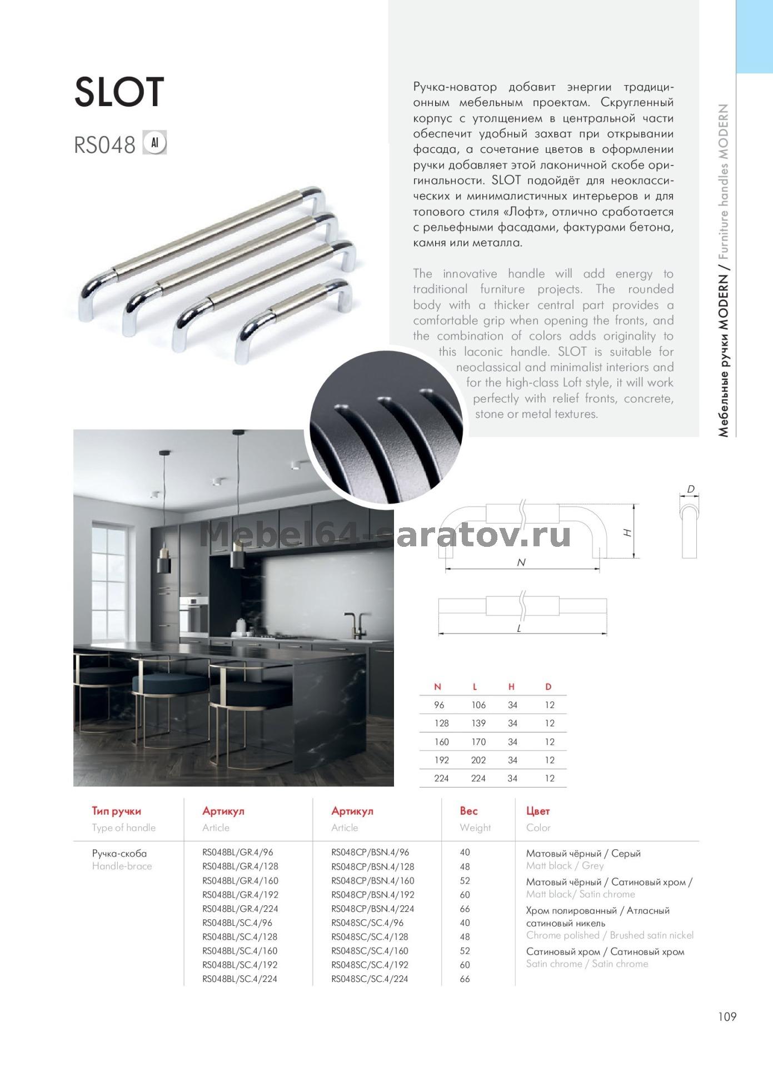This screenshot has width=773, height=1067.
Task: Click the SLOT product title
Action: point(119,92)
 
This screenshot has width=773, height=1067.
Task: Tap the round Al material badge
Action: point(155,143)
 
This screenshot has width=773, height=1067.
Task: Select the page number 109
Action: point(727,1016)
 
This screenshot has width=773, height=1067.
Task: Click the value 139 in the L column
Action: point(478,723)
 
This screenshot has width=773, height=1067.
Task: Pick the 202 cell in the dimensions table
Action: point(478,760)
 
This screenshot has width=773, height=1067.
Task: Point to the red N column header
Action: point(437,687)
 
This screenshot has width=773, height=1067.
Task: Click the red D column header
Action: point(548,687)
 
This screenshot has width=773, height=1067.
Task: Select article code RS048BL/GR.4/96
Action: point(237,852)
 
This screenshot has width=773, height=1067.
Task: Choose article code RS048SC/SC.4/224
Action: point(370,979)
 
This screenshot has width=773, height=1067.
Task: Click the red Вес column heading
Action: point(468,811)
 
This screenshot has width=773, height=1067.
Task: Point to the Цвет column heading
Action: point(537,811)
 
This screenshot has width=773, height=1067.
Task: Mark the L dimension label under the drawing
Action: point(519,629)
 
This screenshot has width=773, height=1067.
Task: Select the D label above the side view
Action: point(690,490)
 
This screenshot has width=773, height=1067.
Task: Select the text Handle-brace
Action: point(122,866)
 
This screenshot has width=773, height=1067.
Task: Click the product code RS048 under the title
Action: point(104,145)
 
